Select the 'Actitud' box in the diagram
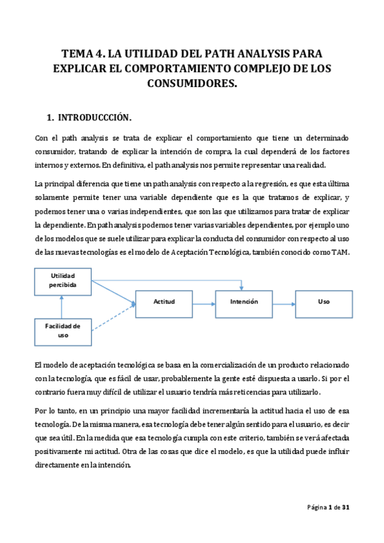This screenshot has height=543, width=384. pyautogui.click(x=163, y=301)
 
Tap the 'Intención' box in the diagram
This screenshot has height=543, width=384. pyautogui.click(x=244, y=301)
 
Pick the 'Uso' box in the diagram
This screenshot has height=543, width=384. pyautogui.click(x=323, y=301)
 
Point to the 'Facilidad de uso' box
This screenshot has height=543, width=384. pyautogui.click(x=63, y=330)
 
